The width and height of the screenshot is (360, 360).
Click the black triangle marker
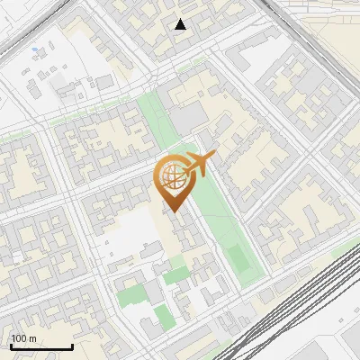pyautogui.click(x=181, y=24)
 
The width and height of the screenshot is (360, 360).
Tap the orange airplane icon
pyautogui.click(x=199, y=165)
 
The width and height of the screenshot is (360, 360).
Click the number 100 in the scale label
pyautogui.click(x=19, y=338)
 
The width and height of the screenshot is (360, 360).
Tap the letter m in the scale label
pyautogui.click(x=32, y=338)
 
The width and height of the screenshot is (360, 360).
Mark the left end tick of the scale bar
pyautogui.click(x=12, y=346)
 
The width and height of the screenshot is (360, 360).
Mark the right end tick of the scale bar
pyautogui.click(x=72, y=346)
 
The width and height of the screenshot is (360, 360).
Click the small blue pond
pyautogui.click(x=34, y=50)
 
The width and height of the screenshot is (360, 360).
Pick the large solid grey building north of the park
pyautogui.click(x=187, y=117)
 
